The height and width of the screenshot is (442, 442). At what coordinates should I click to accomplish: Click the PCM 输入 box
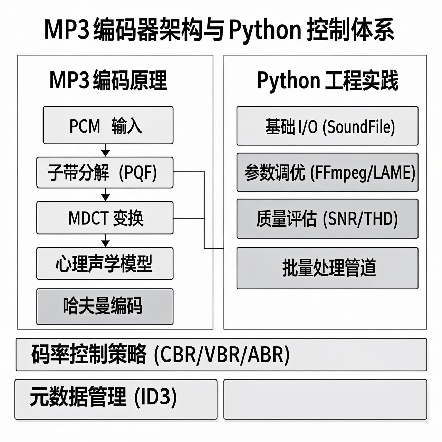[108, 125]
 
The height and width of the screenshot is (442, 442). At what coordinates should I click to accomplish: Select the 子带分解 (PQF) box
[105, 172]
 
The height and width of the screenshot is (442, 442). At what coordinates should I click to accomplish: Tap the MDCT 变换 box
[105, 218]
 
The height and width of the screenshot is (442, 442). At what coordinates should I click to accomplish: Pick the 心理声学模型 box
[105, 263]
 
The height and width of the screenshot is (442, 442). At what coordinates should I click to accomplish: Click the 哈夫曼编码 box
[105, 306]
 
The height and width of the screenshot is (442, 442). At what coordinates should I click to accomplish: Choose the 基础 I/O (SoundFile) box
[327, 126]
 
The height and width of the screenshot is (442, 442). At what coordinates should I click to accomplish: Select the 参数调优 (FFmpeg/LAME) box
[327, 172]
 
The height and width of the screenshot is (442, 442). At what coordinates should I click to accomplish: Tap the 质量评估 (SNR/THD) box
[327, 219]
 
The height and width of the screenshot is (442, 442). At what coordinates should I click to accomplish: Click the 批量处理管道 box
[327, 268]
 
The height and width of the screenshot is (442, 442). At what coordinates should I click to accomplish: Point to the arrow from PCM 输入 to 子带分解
[106, 151]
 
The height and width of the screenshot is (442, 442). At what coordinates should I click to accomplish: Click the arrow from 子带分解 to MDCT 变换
[106, 195]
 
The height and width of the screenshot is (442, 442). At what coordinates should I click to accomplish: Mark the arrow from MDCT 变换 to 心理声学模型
[106, 240]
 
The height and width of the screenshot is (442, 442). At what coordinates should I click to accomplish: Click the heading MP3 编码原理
[108, 80]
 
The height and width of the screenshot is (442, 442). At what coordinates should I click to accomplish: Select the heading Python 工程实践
[327, 80]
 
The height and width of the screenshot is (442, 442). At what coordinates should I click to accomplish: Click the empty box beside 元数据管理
[325, 399]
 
